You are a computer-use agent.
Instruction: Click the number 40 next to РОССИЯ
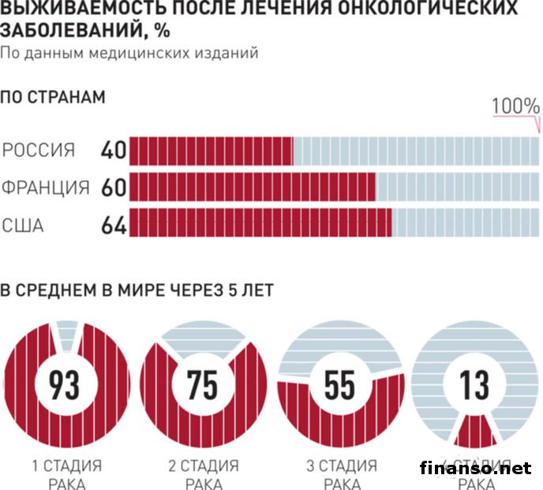pyautogui.click(x=114, y=150)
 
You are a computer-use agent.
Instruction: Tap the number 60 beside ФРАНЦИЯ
pyautogui.click(x=114, y=188)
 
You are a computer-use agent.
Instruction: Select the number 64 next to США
pyautogui.click(x=114, y=225)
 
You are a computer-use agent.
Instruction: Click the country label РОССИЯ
pyautogui.click(x=39, y=150)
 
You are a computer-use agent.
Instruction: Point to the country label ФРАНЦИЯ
pyautogui.click(x=45, y=188)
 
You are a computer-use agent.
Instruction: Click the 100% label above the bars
pyautogui.click(x=515, y=107)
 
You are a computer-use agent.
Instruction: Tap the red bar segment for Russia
pyautogui.click(x=211, y=150)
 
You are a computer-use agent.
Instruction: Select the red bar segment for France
pyautogui.click(x=252, y=188)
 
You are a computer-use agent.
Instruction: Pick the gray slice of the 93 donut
pyautogui.click(x=66, y=335)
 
